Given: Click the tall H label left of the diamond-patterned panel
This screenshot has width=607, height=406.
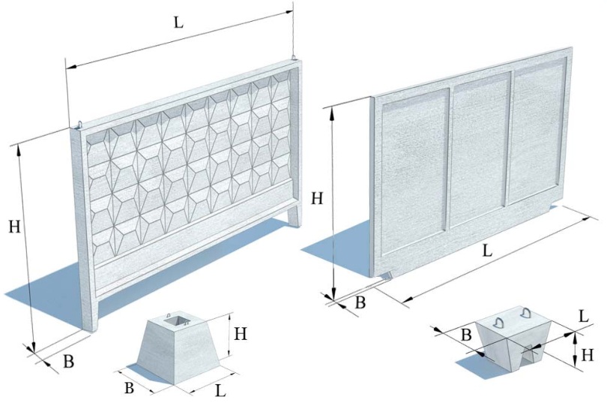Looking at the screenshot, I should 14,227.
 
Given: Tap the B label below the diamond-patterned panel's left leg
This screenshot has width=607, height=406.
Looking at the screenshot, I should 68,361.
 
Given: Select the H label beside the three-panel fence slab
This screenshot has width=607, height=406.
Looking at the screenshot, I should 318,199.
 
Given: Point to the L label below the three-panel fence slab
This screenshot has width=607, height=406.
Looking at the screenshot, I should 487,252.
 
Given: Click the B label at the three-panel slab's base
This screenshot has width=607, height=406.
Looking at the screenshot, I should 360,302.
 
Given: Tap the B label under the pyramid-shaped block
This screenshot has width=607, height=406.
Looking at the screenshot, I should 130,389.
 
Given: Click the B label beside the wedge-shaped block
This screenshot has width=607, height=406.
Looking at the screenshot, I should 466,335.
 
